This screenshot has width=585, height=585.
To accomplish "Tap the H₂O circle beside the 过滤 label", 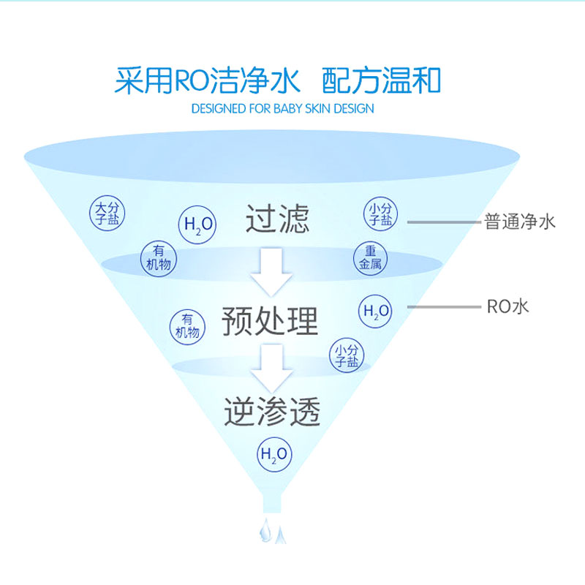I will pyautogui.click(x=197, y=224).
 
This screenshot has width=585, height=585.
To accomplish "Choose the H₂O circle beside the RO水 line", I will pyautogui.click(x=376, y=311).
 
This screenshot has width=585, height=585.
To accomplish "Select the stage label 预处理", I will pyautogui.click(x=271, y=320).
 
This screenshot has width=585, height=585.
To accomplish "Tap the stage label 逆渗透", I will pyautogui.click(x=272, y=412).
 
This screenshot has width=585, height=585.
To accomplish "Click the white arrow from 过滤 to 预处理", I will pyautogui.click(x=271, y=271).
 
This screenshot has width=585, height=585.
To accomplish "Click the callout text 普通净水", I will pyautogui.click(x=520, y=222).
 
